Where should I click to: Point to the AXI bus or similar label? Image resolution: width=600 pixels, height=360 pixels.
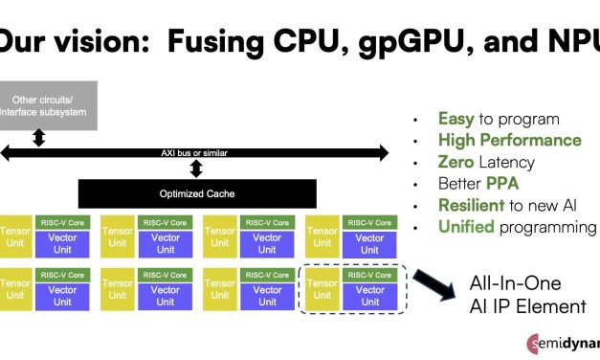click(x=197, y=152)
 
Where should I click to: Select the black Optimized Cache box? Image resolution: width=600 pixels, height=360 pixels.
click(x=196, y=193)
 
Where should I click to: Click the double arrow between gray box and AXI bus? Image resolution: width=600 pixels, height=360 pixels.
click(x=39, y=138)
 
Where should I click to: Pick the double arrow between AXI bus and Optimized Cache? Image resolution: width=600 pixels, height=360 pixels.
click(x=197, y=169)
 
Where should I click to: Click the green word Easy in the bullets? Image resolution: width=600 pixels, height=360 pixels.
click(x=456, y=120)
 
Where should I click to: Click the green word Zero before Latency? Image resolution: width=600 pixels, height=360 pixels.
click(x=456, y=163)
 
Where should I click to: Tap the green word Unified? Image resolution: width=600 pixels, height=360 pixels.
click(x=467, y=227)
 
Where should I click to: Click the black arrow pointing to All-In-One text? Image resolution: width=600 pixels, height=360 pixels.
click(x=436, y=284)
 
